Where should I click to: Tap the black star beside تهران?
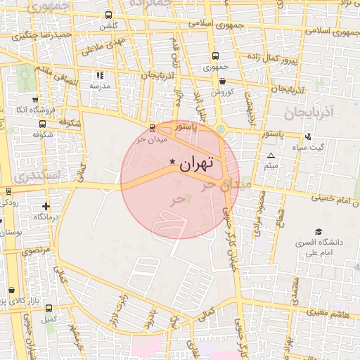[173, 162]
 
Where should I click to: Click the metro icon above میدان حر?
[153, 127]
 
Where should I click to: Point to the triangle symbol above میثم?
[271, 155]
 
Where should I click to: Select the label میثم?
[271, 166]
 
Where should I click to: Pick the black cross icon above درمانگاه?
[46, 207]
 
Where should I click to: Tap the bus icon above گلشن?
[108, 15]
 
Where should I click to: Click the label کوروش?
[221, 91]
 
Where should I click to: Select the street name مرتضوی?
[37, 250]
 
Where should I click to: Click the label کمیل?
[49, 319]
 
